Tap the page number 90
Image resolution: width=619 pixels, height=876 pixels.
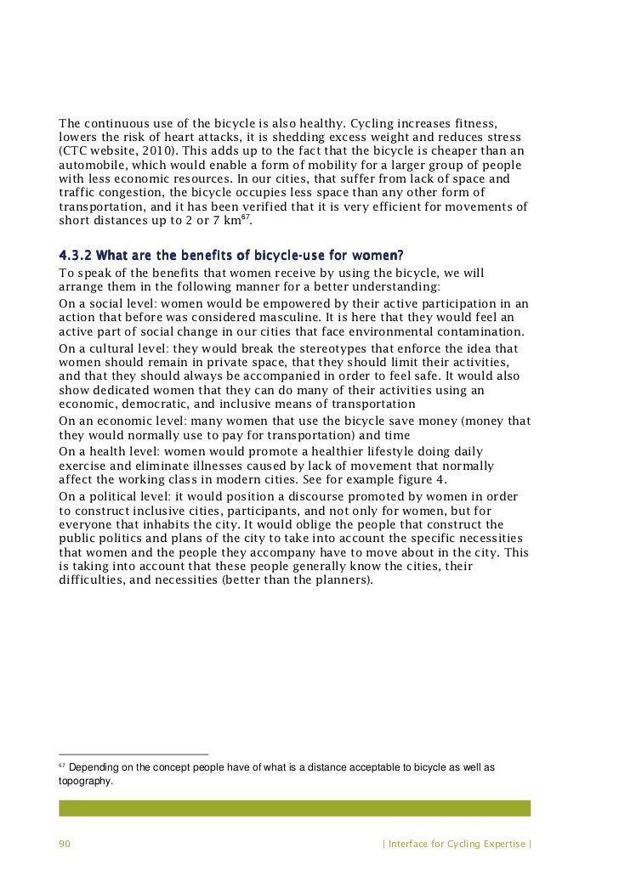click(65, 844)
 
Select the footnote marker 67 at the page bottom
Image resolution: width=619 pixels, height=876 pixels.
click(62, 766)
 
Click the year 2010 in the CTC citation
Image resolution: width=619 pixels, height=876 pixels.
click(152, 150)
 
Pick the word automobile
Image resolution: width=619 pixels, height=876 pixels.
click(92, 165)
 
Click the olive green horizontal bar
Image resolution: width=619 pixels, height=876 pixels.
click(294, 807)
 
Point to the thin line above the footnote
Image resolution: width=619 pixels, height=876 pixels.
click(133, 754)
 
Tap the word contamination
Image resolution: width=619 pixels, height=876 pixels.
click(486, 331)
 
